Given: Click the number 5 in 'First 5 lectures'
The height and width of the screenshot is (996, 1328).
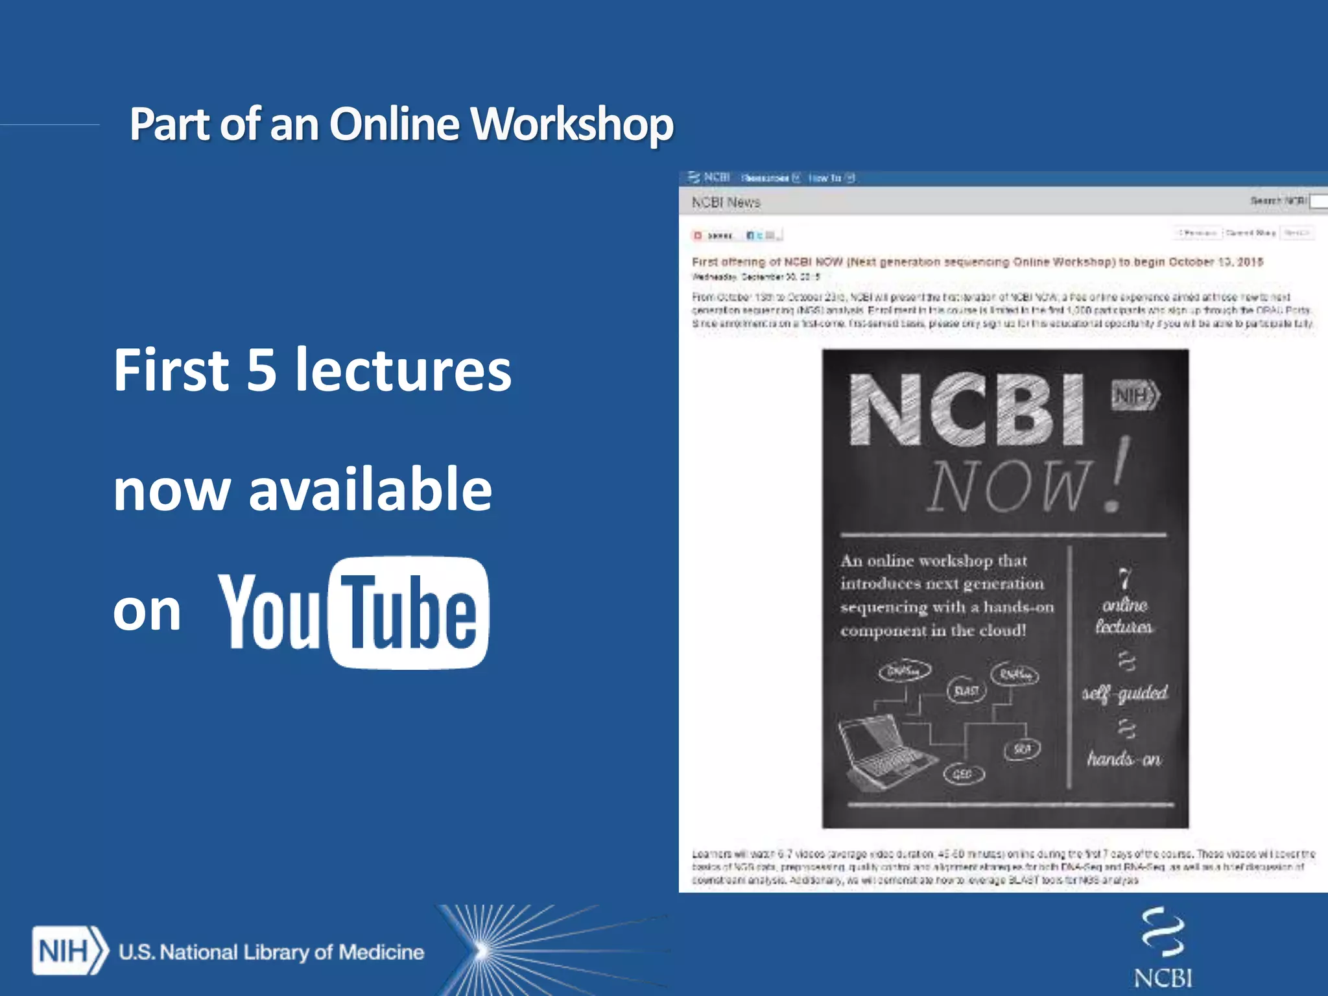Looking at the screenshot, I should click(261, 370).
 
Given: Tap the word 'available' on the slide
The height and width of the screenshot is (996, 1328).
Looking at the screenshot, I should click(370, 490).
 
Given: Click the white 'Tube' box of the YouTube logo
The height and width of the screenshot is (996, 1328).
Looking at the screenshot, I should click(409, 612).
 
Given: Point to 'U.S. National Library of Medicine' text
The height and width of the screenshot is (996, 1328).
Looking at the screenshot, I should click(271, 952).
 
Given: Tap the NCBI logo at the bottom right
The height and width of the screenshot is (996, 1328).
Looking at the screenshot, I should click(1163, 947).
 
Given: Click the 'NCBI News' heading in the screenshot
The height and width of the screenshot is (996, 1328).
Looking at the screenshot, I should click(726, 202).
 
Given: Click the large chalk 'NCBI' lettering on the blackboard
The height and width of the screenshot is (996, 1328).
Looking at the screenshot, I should click(966, 410).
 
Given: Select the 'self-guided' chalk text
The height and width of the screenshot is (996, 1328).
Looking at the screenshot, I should click(1125, 693).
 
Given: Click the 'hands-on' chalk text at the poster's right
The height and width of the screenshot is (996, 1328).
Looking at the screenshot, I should click(1124, 758).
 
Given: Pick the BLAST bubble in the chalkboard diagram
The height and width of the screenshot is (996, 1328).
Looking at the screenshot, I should click(966, 691).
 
